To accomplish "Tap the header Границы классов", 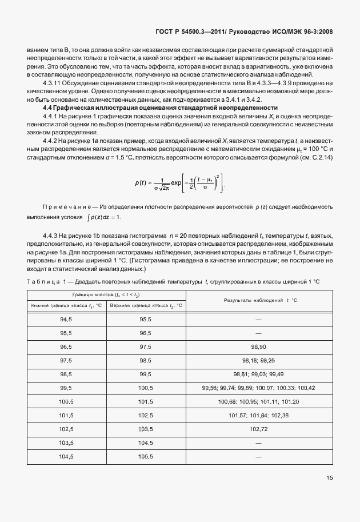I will pos(106,294).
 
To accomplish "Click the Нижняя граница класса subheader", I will pos(66,305).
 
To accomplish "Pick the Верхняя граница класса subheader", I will pos(146,305).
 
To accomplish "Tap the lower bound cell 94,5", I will pos(66,319).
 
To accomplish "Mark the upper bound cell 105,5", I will pos(146,456).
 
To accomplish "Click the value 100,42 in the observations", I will pos(306,388).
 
